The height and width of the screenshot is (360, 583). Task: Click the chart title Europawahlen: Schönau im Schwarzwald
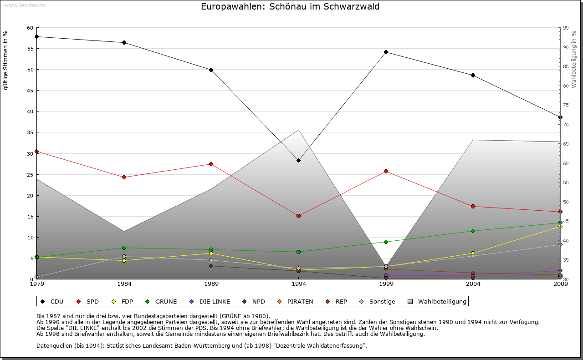pos(290,7)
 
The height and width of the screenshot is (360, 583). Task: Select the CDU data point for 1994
pos(298,160)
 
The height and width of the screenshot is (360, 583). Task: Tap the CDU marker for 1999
pos(386,52)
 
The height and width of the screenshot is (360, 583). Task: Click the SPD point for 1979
pos(36,151)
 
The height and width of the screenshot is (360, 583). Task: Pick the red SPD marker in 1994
pos(298,216)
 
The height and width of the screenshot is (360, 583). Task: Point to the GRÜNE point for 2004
pos(473,231)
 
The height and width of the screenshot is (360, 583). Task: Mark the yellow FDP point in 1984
pos(124,260)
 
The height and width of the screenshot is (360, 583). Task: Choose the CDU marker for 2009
pos(560,117)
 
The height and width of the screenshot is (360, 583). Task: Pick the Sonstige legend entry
pos(378,301)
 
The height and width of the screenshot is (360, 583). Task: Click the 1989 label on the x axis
pos(211,284)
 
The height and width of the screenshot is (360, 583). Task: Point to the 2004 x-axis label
pos(473,284)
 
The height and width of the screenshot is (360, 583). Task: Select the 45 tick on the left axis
pos(30,91)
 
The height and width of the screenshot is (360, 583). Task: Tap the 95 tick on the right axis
pos(566,28)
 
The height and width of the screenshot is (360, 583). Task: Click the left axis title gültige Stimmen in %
pos(6,60)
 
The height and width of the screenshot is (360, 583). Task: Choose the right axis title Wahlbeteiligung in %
pos(574,60)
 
